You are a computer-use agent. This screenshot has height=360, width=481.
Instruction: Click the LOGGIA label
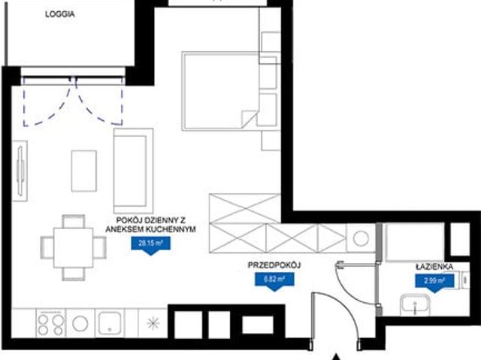(x=60, y=14)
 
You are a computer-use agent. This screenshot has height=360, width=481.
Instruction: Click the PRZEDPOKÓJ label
(x=274, y=265)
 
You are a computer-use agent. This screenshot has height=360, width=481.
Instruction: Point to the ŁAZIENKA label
(x=434, y=267)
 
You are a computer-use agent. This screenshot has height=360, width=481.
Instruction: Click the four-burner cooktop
(x=50, y=325)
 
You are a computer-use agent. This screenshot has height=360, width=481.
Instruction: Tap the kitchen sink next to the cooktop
(x=110, y=322)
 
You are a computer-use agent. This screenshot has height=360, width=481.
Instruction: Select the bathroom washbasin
(x=415, y=305)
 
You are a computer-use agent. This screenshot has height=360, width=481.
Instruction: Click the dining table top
(x=74, y=248)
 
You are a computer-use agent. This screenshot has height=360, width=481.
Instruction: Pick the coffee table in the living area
(x=83, y=171)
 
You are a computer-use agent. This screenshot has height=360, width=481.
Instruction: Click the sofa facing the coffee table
(x=133, y=171)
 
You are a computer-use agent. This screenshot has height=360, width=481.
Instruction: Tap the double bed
(x=220, y=91)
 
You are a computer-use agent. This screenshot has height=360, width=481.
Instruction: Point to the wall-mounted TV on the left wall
(x=20, y=171)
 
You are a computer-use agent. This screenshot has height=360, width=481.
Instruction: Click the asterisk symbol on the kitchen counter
(x=153, y=323)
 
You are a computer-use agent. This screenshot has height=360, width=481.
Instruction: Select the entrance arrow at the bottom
(x=337, y=357)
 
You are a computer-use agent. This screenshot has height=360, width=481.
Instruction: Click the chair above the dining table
(x=74, y=221)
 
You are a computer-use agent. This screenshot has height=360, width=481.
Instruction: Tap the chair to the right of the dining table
(x=100, y=247)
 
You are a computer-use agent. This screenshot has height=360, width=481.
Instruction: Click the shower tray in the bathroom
(x=415, y=242)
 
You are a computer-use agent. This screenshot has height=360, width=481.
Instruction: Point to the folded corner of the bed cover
(x=249, y=118)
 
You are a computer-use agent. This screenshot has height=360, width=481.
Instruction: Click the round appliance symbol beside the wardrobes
(x=361, y=238)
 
